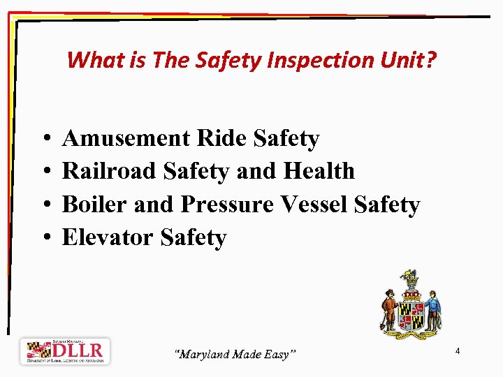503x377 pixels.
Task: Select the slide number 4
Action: (x=457, y=350)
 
